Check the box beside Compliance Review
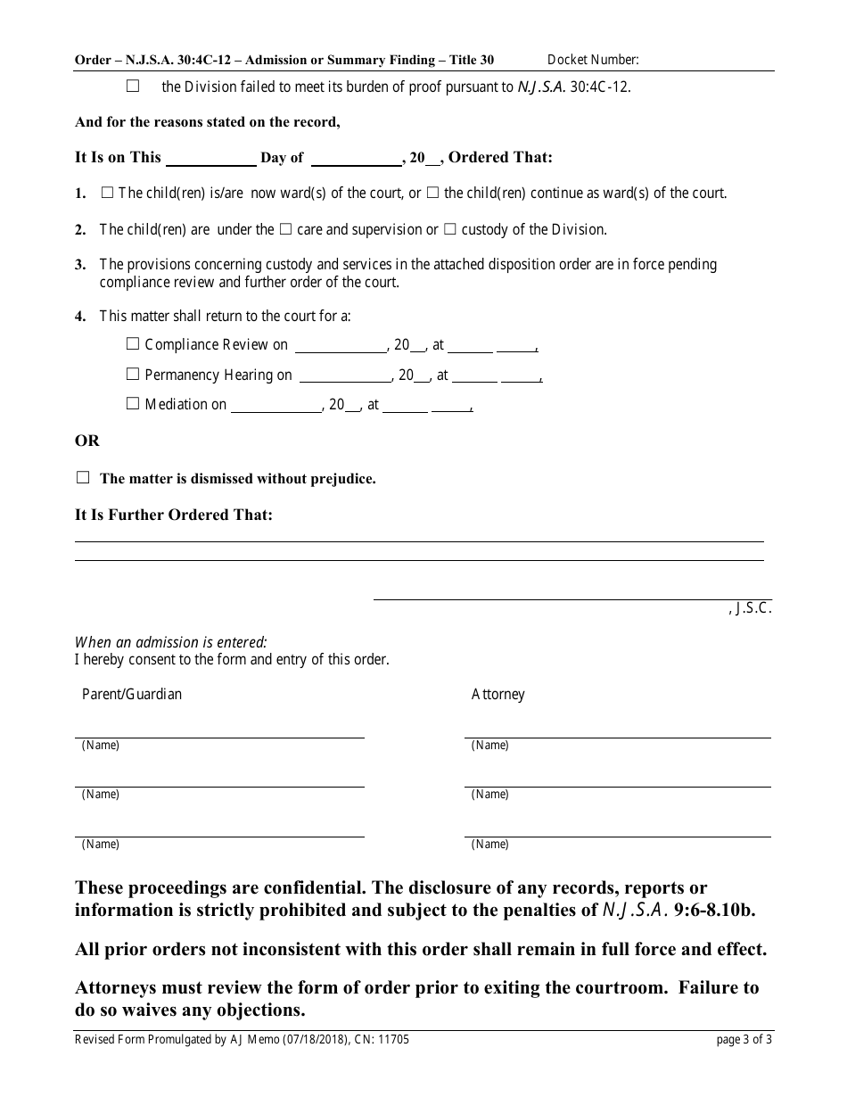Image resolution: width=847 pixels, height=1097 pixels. coord(133,344)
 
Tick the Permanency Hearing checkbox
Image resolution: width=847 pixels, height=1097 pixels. coord(133,375)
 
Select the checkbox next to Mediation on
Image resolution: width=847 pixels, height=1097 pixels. coord(133,404)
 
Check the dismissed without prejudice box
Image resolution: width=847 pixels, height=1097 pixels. coord(83,478)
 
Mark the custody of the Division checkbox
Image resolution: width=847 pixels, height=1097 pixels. coord(450,229)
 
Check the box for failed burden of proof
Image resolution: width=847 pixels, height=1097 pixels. coord(133,87)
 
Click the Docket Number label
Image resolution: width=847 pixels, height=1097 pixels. coord(593,60)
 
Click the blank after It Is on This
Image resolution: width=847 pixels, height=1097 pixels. coord(211,159)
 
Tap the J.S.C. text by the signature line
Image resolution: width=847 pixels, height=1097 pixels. coord(751,610)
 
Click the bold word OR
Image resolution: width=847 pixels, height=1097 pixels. coord(86,441)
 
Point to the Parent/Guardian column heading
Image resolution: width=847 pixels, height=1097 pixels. coord(132,694)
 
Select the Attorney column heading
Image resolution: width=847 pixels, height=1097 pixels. coord(498,694)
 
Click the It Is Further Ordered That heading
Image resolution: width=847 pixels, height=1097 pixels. coord(173,515)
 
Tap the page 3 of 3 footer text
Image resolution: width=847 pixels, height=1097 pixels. coord(744,1039)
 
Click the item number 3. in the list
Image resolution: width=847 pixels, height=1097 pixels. coord(80,265)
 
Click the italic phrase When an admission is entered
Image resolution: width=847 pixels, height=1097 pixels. coord(170,642)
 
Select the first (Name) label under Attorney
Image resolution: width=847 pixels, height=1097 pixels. coord(489,746)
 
